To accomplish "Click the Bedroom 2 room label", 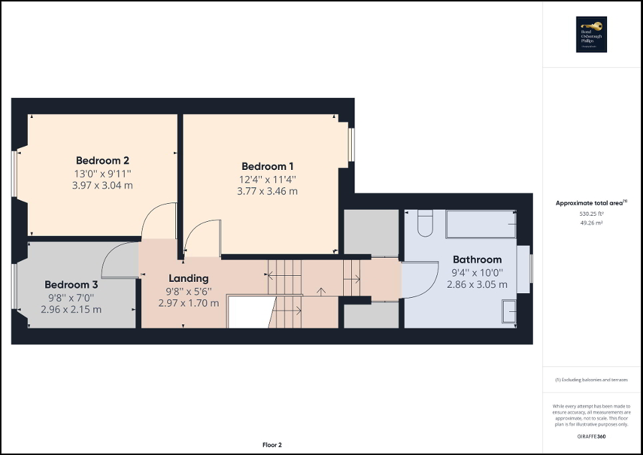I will (102, 161).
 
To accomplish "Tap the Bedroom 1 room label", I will (267, 167).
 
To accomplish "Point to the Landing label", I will (189, 278).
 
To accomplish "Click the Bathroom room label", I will (477, 260).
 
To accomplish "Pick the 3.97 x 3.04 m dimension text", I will (102, 185).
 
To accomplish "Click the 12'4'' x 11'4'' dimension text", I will (267, 179).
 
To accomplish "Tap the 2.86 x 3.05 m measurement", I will (477, 284).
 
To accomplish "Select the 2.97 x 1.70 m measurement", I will (189, 303).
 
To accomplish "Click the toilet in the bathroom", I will (426, 223).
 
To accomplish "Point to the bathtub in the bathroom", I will (480, 225).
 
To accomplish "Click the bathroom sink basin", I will (509, 310).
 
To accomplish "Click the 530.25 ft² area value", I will (592, 214).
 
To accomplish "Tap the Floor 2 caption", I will (272, 445).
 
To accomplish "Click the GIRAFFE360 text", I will (592, 436).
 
